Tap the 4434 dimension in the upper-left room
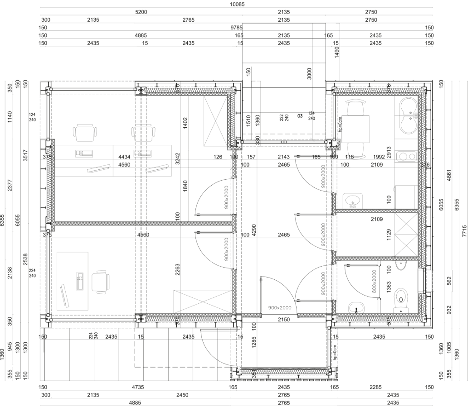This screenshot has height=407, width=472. [x=124, y=157]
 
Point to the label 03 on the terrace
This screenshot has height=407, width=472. [x=300, y=116]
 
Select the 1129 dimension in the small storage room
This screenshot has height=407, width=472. [x=389, y=236]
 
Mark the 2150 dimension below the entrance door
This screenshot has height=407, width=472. [x=283, y=320]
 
